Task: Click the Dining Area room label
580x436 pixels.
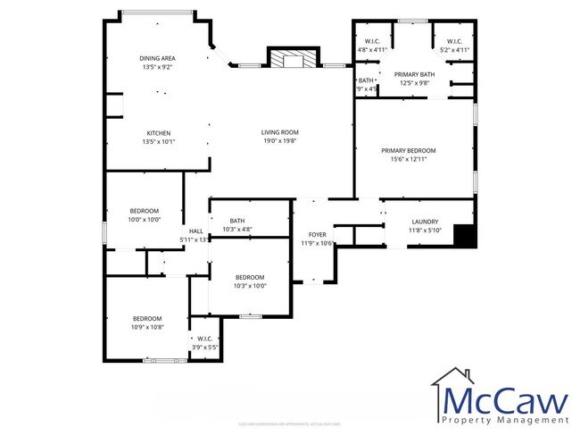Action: pos(158,58)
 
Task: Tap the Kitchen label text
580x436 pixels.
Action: pos(158,133)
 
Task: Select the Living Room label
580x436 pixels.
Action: pos(279,132)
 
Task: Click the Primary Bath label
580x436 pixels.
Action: pos(415,74)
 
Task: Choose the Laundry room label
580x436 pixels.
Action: pos(424,222)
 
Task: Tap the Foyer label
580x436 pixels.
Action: pos(317,234)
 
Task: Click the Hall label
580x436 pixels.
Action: pos(195,231)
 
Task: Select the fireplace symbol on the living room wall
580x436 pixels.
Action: pos(292,59)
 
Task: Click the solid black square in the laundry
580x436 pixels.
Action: pos(464,236)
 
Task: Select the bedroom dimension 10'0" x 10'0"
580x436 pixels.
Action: pos(144,219)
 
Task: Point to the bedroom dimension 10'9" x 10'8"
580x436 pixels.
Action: pos(147,327)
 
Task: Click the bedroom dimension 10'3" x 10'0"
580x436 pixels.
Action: pos(250,286)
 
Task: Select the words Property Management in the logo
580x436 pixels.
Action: pos(505,418)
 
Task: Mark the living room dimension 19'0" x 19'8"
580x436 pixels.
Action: pos(279,140)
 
